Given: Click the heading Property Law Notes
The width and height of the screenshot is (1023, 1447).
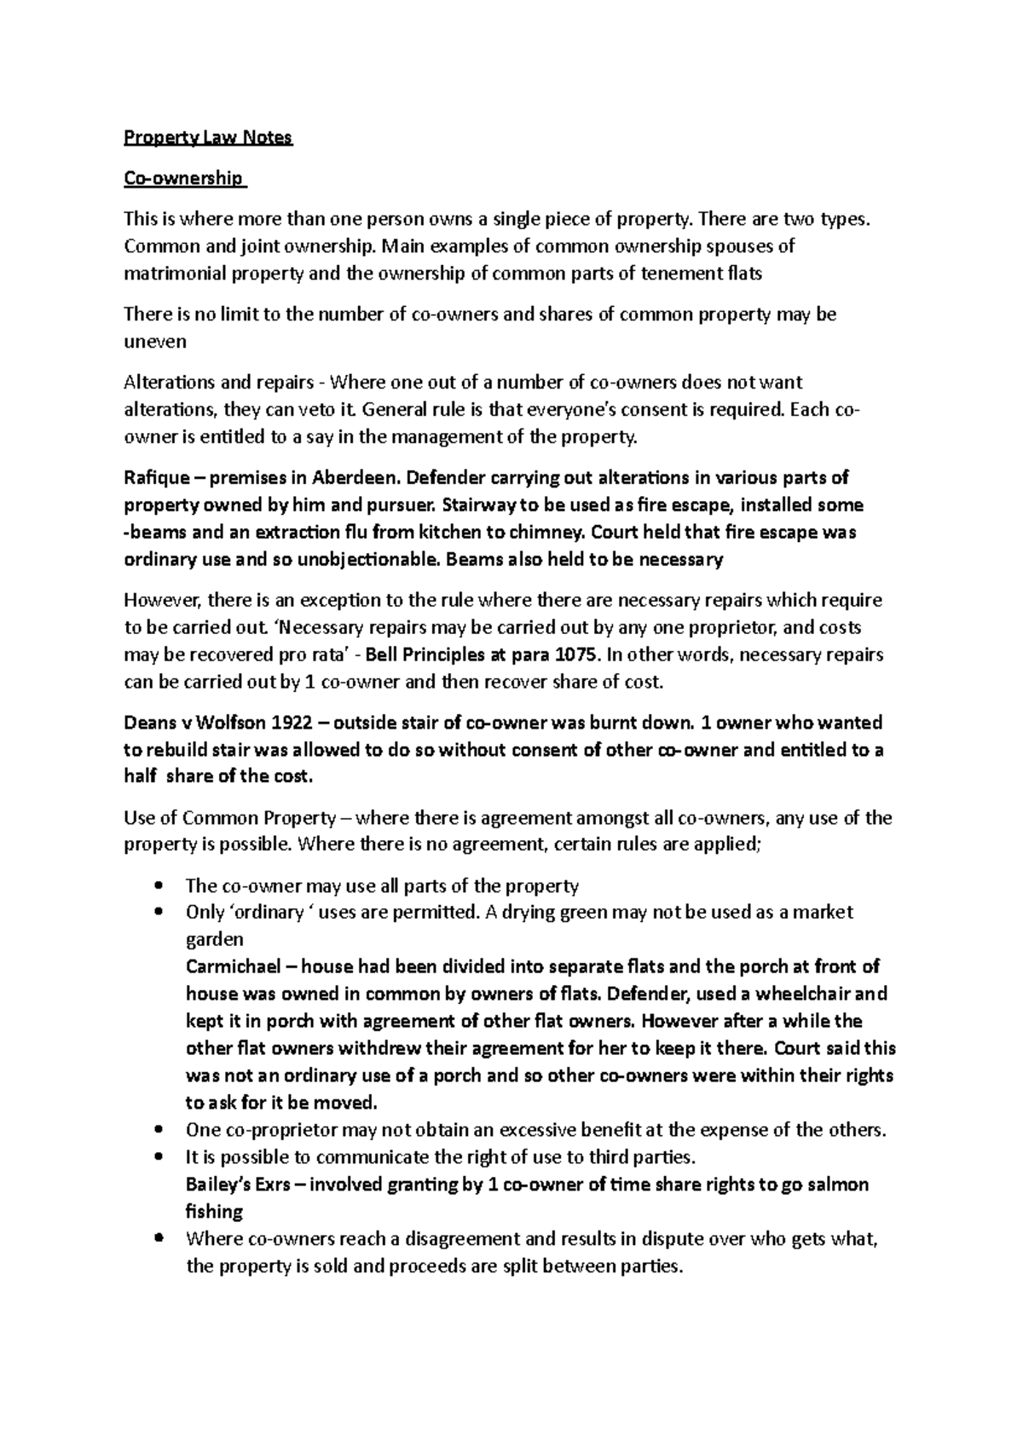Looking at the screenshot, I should [208, 138].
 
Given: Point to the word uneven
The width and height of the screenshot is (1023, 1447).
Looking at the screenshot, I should [154, 343].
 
